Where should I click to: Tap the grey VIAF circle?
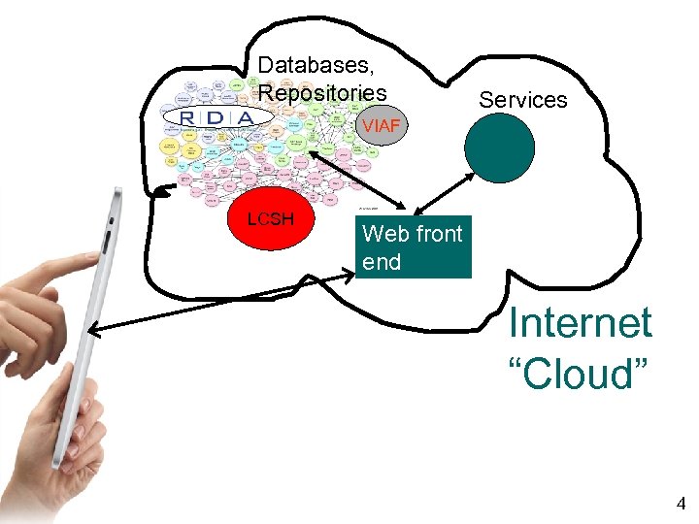[381, 125]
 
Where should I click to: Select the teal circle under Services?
[499, 149]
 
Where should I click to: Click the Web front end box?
[413, 247]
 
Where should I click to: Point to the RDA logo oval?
[218, 117]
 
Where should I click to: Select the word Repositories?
[322, 93]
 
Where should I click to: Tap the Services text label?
[523, 100]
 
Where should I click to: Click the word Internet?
[581, 323]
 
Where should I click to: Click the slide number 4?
[681, 504]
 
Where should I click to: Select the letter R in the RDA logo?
[189, 117]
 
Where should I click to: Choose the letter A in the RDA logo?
[246, 117]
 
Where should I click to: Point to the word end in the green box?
[381, 262]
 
